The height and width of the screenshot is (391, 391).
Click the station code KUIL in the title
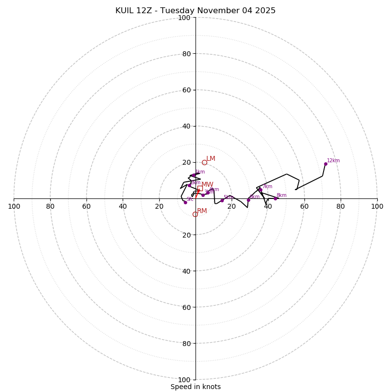click(125, 11)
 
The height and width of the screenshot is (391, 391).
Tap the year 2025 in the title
click(264, 11)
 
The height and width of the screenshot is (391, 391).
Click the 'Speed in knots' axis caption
click(195, 387)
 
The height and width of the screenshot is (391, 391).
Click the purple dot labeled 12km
click(326, 164)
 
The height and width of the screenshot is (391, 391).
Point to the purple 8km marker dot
click(275, 198)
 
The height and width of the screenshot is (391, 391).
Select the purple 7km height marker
click(260, 190)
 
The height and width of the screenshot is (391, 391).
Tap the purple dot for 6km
click(248, 200)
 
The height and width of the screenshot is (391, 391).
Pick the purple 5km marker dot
click(222, 200)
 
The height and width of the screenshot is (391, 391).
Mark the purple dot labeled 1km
click(194, 175)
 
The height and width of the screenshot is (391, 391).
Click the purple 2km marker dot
click(189, 185)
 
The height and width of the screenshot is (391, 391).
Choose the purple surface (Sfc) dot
click(185, 202)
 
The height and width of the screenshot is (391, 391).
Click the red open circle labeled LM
click(204, 162)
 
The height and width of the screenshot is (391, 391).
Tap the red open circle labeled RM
click(195, 214)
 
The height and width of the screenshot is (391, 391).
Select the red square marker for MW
click(200, 188)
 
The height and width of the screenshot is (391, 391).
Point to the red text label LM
click(211, 159)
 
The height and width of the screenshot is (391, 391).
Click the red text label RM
click(202, 211)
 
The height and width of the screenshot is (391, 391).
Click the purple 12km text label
click(333, 161)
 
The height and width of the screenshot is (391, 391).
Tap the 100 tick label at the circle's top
click(184, 18)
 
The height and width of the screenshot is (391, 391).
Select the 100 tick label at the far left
click(14, 206)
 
